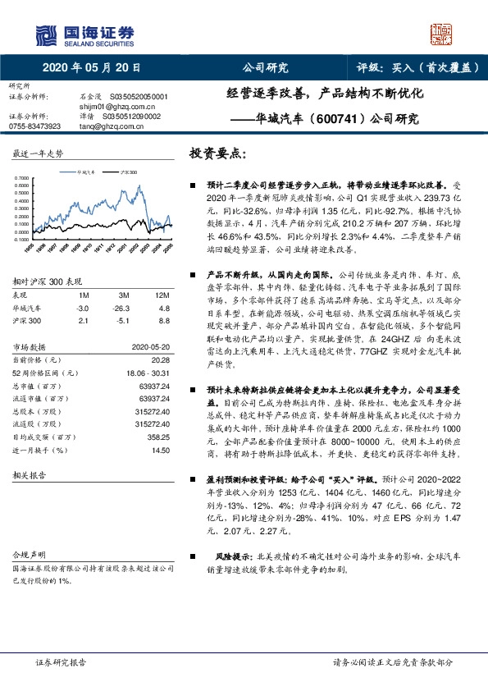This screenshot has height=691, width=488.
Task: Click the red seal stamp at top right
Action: pyautogui.click(x=442, y=34)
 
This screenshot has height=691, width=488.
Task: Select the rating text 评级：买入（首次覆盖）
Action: pyautogui.click(x=418, y=67)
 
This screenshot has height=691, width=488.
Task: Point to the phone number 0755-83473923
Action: pyautogui.click(x=34, y=126)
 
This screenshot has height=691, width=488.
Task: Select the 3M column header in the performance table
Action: pyautogui.click(x=124, y=294)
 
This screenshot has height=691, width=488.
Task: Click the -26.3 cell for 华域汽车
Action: pyautogui.click(x=124, y=307)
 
